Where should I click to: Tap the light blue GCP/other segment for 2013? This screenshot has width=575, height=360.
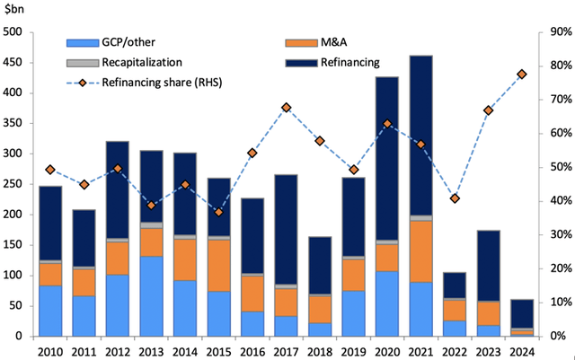tap(151, 295)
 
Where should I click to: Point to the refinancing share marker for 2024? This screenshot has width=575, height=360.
tap(521, 74)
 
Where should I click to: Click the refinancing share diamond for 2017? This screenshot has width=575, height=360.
tap(286, 108)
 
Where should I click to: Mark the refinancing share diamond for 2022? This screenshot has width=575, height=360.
tap(455, 198)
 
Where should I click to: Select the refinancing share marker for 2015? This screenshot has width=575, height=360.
tap(218, 212)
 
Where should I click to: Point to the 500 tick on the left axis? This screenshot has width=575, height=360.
tap(15, 32)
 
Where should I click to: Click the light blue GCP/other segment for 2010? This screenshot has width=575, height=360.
tap(50, 311)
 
